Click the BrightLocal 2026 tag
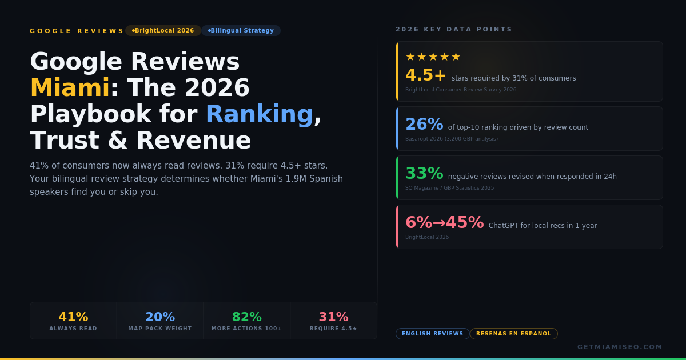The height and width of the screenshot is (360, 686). click(x=163, y=31)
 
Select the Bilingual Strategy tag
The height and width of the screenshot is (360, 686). click(x=241, y=31)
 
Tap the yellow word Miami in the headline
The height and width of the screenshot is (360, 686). click(x=69, y=88)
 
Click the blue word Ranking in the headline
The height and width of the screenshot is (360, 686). click(x=259, y=114)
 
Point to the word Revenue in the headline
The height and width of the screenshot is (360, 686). click(x=193, y=141)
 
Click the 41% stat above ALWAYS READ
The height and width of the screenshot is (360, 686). click(x=73, y=317)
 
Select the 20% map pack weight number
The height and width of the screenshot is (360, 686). click(x=160, y=317)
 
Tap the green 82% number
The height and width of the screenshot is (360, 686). click(x=247, y=317)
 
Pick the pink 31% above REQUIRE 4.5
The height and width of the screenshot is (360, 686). click(x=334, y=317)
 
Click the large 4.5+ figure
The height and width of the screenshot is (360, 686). click(x=426, y=75)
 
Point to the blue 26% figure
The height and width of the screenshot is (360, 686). click(x=424, y=125)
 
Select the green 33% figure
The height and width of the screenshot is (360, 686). click(x=424, y=174)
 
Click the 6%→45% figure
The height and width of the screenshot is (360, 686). click(x=444, y=223)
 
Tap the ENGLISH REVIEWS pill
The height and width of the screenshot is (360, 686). click(x=433, y=334)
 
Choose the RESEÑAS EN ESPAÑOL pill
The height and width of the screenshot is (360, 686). click(x=514, y=334)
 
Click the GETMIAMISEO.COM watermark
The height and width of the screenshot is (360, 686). click(x=620, y=347)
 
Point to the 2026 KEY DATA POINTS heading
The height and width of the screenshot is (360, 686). click(x=454, y=30)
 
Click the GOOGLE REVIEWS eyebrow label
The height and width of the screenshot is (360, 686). click(x=77, y=31)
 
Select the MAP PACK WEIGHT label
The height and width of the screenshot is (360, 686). click(x=160, y=329)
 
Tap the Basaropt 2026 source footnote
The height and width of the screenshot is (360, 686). click(x=452, y=139)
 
